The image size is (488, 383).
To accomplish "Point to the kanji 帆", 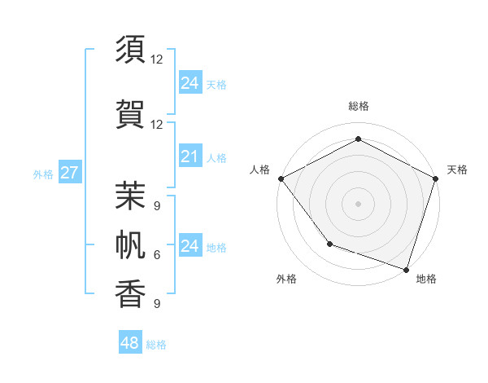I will click(x=131, y=244).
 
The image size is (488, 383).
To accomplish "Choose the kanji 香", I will click(x=131, y=294).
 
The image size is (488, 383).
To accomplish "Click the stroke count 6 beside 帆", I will click(x=157, y=255).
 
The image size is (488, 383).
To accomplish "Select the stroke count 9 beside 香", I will click(x=157, y=304).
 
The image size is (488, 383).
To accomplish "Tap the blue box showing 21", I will click(x=190, y=156).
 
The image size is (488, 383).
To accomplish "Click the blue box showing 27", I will click(x=69, y=173).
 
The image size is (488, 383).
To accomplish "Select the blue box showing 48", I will click(x=129, y=343).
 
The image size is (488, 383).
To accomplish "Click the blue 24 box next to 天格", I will click(x=190, y=82).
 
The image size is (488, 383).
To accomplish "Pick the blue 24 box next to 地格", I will click(x=190, y=246).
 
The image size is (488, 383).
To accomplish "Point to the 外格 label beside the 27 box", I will click(x=43, y=174).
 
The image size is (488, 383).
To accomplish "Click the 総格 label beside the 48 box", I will click(x=156, y=345).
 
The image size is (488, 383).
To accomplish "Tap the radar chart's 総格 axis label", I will click(x=358, y=106).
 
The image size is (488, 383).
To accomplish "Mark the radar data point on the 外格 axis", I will click(x=329, y=244).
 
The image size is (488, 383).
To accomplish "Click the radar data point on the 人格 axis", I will click(x=281, y=178).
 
